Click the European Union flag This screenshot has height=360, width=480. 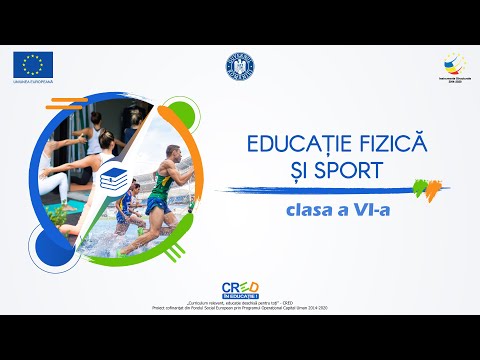tap(34, 65)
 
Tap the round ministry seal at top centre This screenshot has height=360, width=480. tap(240, 66)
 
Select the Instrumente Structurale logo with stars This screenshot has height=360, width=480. tap(447, 67)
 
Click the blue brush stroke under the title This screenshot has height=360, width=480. tap(320, 189)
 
